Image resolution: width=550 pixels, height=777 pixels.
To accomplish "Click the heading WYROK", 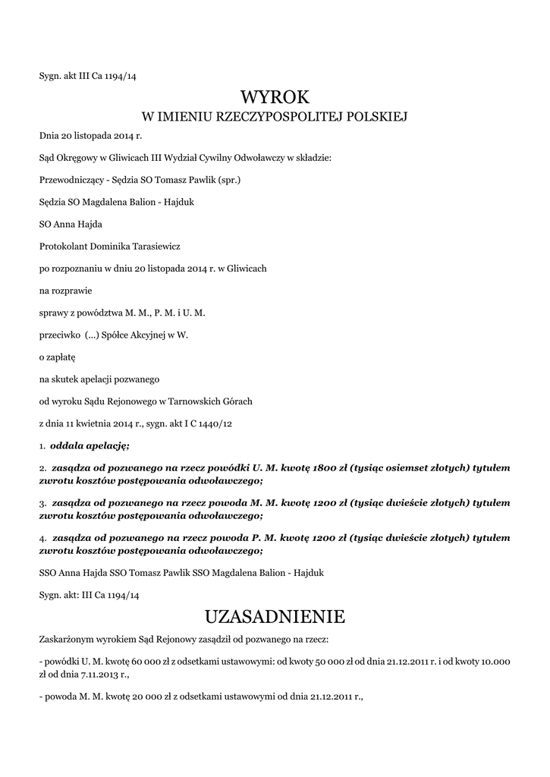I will click(x=275, y=96).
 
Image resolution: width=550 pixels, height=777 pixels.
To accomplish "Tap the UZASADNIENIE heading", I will click(x=275, y=615).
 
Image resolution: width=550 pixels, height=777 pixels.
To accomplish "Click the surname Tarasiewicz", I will click(x=157, y=246).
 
